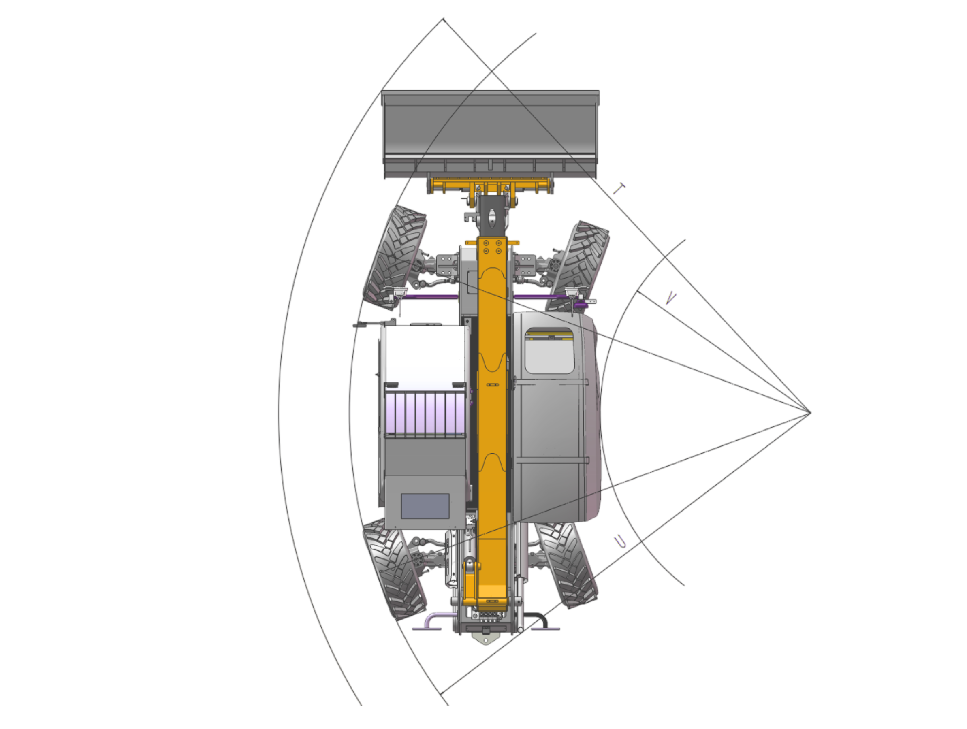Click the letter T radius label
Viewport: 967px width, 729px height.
pos(619,189)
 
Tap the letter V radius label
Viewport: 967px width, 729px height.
pos(671,297)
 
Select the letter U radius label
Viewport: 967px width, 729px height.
pos(620,542)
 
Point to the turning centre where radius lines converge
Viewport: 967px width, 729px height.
pos(810,412)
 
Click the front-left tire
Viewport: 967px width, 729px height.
pos(395,258)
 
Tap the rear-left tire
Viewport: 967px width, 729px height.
pos(395,568)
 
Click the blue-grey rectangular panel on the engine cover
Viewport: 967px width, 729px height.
pos(425,506)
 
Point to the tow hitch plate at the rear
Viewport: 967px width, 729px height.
pos(485,639)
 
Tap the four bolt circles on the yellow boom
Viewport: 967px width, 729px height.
pos(492,247)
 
